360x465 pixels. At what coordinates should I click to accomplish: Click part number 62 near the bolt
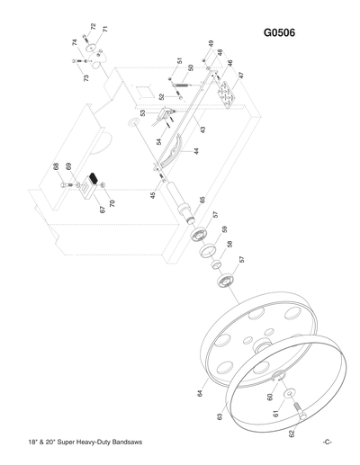pos(291,434)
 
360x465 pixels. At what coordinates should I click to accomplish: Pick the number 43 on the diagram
pos(202,130)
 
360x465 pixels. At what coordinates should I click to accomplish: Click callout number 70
pos(112,203)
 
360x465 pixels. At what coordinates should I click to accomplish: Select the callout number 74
pos(74,43)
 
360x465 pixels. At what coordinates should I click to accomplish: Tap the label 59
pos(223,228)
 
